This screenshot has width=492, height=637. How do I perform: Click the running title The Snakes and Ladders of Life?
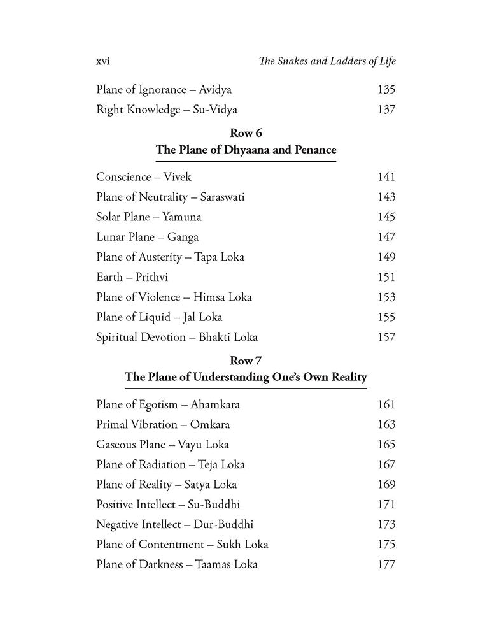(x=323, y=61)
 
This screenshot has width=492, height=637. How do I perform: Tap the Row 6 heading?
(x=246, y=134)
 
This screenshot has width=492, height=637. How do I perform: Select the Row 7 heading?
(x=246, y=361)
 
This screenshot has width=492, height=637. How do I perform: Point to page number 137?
(x=386, y=110)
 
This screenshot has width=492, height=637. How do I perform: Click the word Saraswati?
(x=222, y=197)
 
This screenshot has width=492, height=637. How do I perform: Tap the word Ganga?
(x=183, y=237)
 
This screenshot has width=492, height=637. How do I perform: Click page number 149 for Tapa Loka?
(x=386, y=257)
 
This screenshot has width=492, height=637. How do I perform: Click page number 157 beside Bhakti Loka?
(x=386, y=337)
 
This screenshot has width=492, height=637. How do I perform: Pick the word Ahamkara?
(x=215, y=404)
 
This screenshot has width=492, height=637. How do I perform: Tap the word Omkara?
(x=207, y=425)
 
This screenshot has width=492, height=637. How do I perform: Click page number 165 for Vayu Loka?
(x=386, y=445)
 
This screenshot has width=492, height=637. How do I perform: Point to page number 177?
(x=386, y=564)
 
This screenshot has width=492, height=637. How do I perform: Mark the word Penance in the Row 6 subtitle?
(x=312, y=150)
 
